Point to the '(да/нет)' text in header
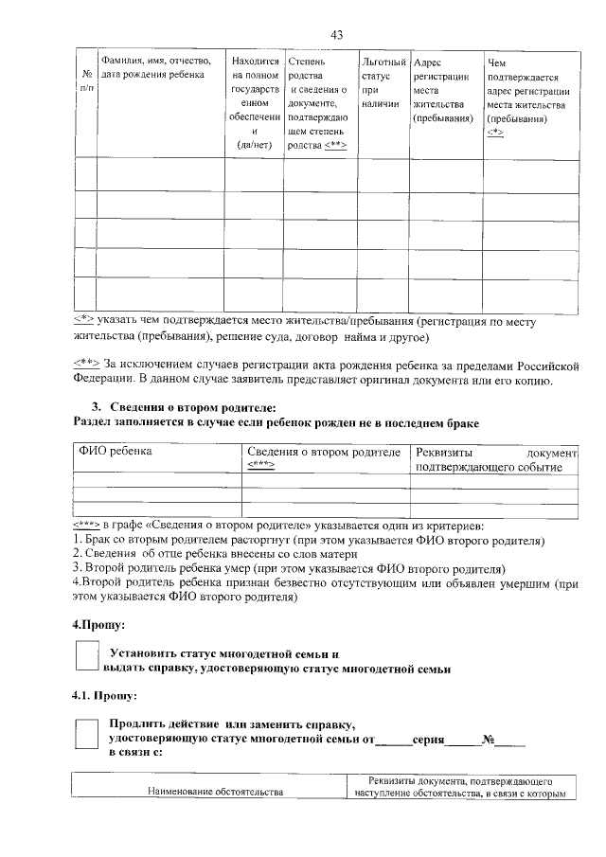(x=255, y=144)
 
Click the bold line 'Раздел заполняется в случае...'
(x=276, y=422)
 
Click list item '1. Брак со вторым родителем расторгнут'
(x=308, y=540)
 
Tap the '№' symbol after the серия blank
(x=489, y=738)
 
